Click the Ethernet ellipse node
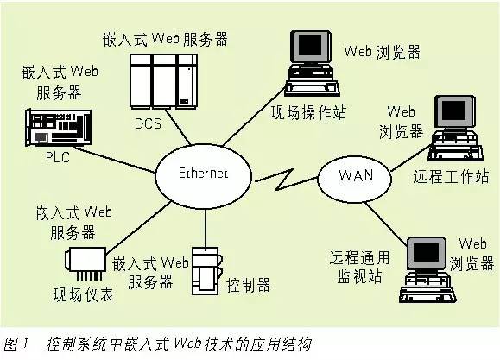(203, 173)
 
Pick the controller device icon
(206, 270)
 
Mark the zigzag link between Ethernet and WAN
(283, 182)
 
